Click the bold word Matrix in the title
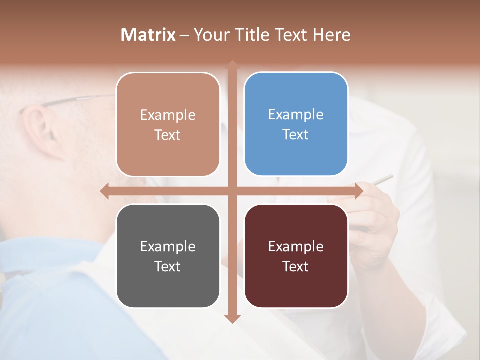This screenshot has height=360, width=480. (x=148, y=35)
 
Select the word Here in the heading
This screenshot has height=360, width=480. (x=332, y=35)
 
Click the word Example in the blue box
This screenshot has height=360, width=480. (x=296, y=114)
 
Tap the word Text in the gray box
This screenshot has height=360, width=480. (x=168, y=266)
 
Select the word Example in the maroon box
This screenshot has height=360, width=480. (x=296, y=246)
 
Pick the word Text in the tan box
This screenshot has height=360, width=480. (x=168, y=135)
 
